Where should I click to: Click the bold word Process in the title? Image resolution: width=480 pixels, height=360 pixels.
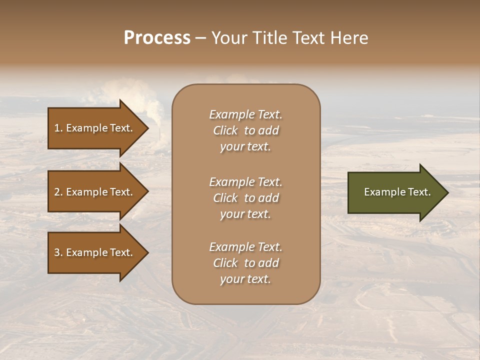tap(157, 38)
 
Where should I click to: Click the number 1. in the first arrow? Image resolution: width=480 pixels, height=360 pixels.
tap(58, 128)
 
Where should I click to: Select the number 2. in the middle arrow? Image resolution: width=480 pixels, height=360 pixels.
tap(58, 192)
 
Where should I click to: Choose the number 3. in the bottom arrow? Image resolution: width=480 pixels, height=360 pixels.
tap(58, 252)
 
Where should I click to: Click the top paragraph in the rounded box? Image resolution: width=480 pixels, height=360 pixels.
tap(245, 130)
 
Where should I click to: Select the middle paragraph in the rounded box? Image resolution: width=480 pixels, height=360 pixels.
tap(245, 198)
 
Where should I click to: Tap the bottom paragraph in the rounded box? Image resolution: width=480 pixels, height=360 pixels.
tap(245, 263)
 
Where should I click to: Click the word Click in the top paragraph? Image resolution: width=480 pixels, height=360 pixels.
tap(225, 130)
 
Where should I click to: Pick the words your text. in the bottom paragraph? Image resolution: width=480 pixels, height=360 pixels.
tap(245, 279)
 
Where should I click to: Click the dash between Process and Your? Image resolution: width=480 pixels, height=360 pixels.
tap(201, 38)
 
